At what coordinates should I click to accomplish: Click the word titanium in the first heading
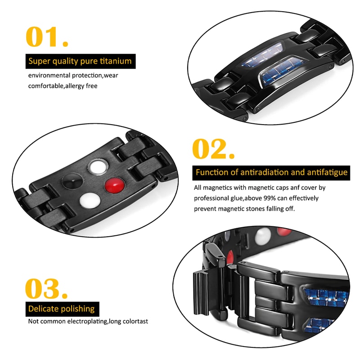pyautogui.click(x=116, y=61)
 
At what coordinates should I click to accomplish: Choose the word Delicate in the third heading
pyautogui.click(x=42, y=309)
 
